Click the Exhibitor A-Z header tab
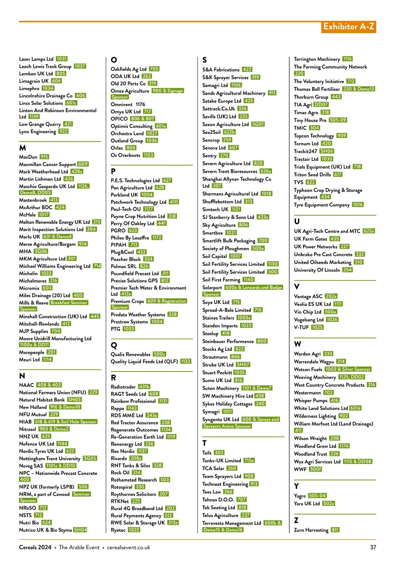348,27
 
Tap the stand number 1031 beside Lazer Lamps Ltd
62,59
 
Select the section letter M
23,148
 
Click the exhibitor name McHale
27,215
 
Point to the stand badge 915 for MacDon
44,157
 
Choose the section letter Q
114,346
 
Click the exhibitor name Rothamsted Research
134,480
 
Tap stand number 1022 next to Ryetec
134,530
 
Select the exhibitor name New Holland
33,407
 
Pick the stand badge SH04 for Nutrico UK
80,530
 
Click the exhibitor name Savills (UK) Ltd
219,116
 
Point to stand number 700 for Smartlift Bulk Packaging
263,240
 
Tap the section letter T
204,443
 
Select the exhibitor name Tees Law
211,492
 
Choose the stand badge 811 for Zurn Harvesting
335,530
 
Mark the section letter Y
297,486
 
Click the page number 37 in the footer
373,547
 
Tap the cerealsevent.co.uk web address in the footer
128,547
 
